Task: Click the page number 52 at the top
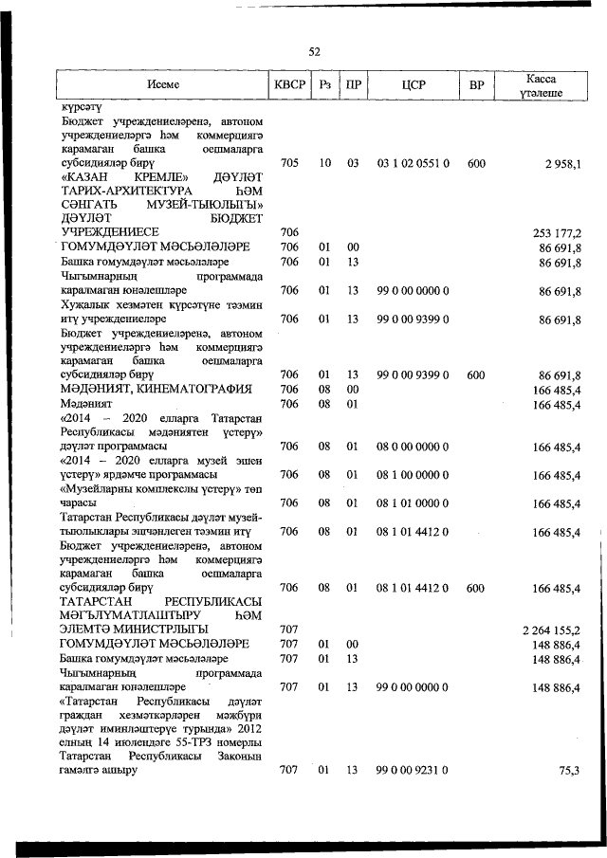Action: click(314, 51)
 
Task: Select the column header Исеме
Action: click(163, 84)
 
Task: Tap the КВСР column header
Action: click(289, 84)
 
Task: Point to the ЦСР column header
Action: click(413, 84)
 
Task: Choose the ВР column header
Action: click(476, 84)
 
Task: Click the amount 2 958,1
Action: click(562, 164)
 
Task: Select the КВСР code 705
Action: click(289, 164)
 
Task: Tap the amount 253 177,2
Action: click(557, 232)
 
